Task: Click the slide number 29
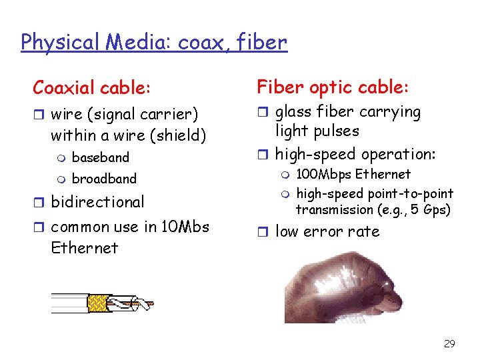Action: (449, 344)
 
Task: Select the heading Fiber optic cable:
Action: (333, 87)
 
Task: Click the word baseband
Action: (100, 158)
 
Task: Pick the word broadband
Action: (103, 179)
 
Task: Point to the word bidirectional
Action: (97, 202)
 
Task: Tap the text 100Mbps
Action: (324, 175)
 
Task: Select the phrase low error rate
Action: (327, 232)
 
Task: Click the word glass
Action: (293, 112)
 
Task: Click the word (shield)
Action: (177, 136)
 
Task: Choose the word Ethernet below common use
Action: (84, 248)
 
